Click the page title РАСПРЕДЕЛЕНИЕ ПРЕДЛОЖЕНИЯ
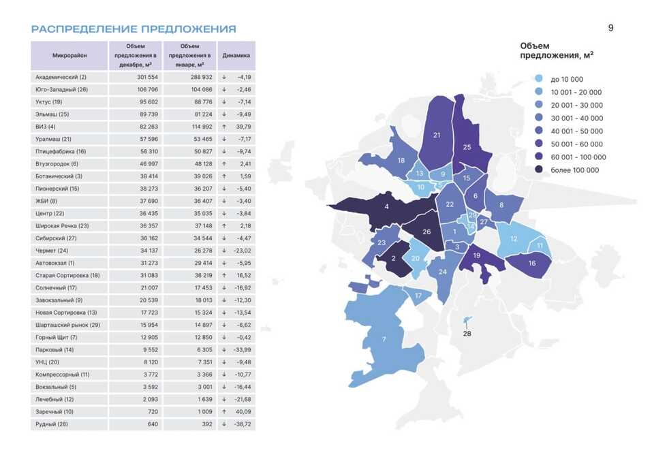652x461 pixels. tap(134, 29)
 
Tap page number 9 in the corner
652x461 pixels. tap(610, 28)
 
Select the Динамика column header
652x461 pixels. tap(236, 55)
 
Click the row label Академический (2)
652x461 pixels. tap(61, 77)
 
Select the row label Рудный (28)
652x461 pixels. tap(51, 424)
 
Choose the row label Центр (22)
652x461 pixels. tap(50, 213)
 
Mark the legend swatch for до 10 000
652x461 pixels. tap(539, 79)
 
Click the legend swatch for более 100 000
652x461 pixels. tap(539, 170)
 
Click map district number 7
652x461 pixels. tap(384, 339)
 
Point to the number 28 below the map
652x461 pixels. tap(467, 334)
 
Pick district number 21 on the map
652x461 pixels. tap(437, 135)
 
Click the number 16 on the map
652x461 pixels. tap(532, 263)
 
